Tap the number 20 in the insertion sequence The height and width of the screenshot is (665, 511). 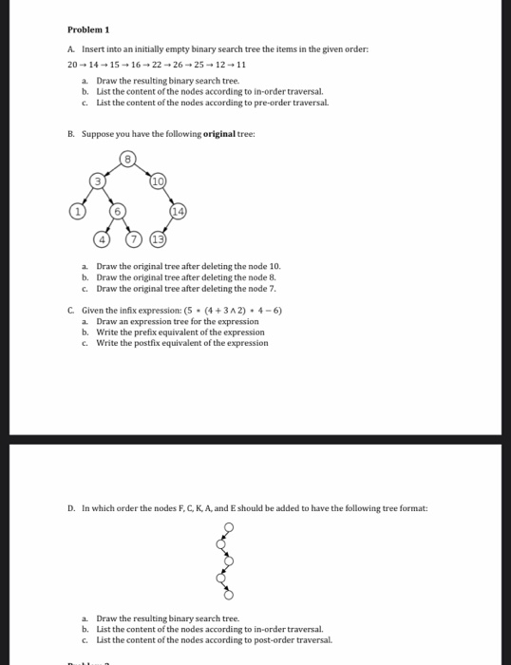[72, 66]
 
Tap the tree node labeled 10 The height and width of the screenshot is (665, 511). [158, 180]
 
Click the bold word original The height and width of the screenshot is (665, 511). [219, 135]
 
